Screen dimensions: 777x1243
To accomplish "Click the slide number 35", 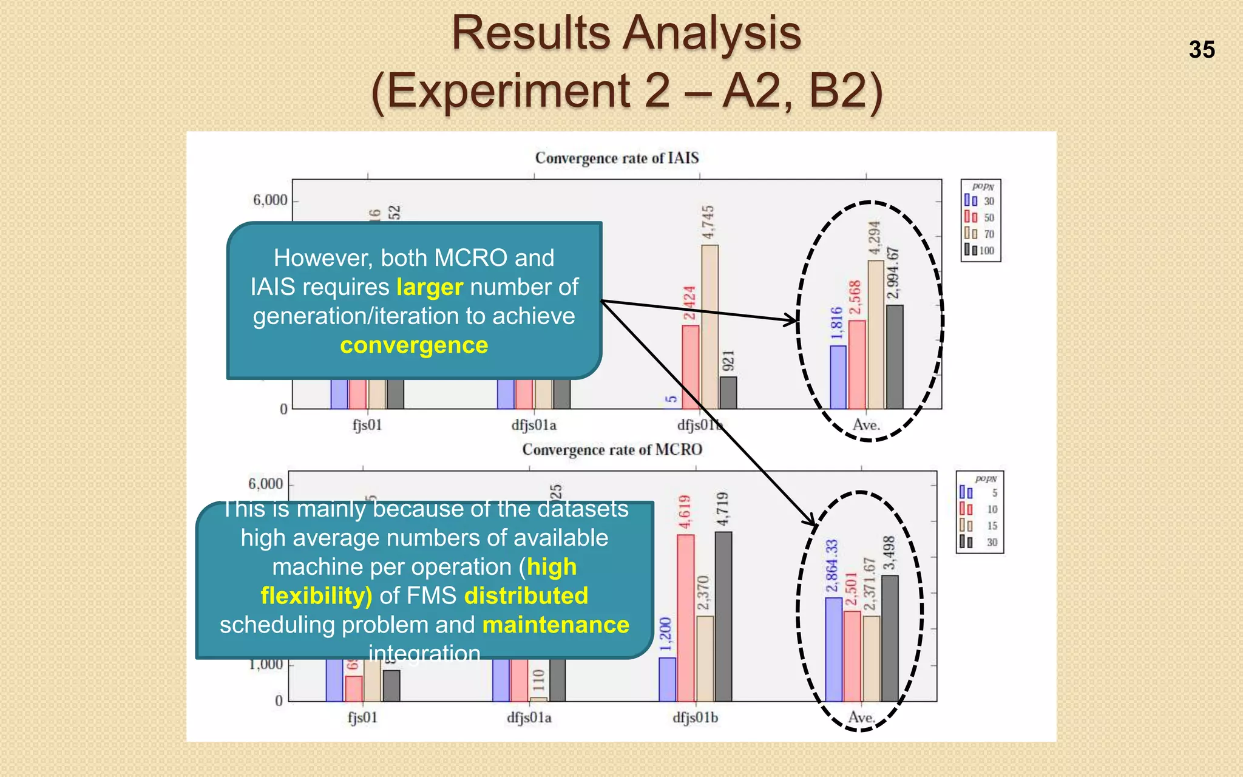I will pos(1202,50).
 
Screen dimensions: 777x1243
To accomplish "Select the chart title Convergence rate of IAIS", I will pos(617,158).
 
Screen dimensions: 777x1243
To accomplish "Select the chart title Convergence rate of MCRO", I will pos(612,450).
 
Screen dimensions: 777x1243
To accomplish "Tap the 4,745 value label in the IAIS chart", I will pos(708,223).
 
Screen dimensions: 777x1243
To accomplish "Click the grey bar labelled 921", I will pos(728,393).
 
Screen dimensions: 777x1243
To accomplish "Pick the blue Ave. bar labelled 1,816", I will pos(838,377).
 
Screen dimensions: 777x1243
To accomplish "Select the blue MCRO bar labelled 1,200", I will pos(667,679).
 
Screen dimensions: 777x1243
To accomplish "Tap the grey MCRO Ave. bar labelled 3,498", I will pos(890,638).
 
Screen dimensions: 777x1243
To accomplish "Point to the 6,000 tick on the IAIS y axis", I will pos(271,200).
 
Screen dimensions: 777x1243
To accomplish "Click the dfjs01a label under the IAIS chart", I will pos(533,426).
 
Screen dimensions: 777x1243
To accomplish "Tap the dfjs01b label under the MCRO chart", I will pos(695,718).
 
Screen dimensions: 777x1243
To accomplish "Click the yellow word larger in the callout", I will pos(430,287).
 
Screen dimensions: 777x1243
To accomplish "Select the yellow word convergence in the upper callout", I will pos(414,345).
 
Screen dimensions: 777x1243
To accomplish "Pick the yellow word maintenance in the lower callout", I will pos(556,625).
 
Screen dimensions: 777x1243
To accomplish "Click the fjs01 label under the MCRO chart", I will pos(363,718).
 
